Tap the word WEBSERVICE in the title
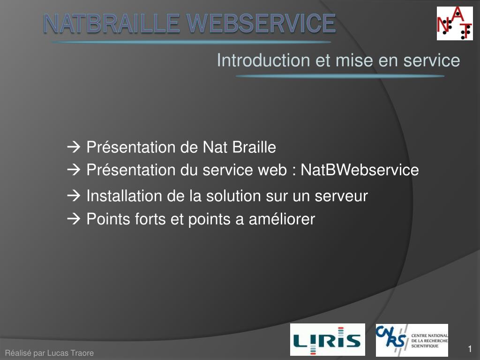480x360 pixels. click(262, 23)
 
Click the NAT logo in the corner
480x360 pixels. click(455, 23)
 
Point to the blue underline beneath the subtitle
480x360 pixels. click(340, 76)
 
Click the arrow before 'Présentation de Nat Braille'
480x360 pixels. click(74, 147)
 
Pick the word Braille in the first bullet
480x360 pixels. click(254, 147)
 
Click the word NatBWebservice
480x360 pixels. click(360, 170)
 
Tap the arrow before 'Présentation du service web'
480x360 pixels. click(74, 170)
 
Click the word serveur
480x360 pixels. click(341, 196)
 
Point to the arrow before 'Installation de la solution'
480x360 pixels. click(74, 195)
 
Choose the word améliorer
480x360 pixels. click(282, 219)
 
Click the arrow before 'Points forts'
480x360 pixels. click(74, 219)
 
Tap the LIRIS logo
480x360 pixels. click(328, 339)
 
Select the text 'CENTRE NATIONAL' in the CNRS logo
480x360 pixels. click(429, 336)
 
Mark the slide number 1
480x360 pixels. click(470, 349)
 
